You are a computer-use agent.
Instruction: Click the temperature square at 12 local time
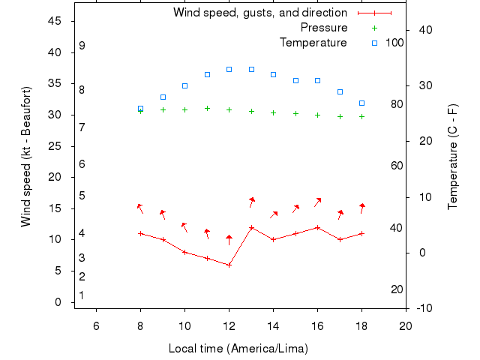(229, 69)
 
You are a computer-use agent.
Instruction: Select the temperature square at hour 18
(361, 103)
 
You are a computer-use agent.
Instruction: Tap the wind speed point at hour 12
(229, 265)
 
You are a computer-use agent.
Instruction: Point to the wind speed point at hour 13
(251, 227)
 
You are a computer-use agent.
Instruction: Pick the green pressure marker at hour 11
(207, 108)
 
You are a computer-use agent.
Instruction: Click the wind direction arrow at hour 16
(318, 202)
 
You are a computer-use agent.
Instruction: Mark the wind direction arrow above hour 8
(139, 208)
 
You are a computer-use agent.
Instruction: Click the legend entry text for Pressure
(323, 28)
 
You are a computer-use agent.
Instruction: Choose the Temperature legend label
(313, 43)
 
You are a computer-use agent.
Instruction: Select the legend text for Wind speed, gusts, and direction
(259, 13)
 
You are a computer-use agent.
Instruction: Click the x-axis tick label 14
(273, 325)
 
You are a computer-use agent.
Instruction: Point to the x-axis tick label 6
(96, 325)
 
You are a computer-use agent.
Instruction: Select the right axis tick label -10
(424, 308)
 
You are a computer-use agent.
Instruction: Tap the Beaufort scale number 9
(82, 46)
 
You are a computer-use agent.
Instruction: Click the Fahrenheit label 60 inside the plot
(397, 166)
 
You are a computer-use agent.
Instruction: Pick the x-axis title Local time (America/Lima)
(238, 349)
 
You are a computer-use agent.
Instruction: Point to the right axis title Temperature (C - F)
(453, 157)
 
